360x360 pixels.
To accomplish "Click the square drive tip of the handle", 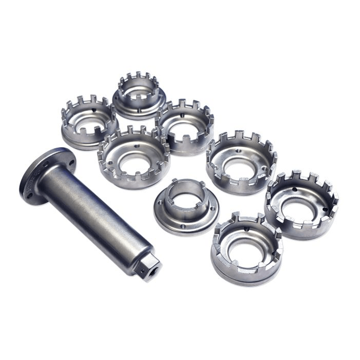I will point(147,268).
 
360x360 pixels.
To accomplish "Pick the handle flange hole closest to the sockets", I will point(71,162).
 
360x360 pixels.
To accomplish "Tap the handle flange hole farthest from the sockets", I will point(30,195).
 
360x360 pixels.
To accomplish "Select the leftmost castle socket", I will point(89,122).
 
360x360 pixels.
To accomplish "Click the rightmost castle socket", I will point(301,205).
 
